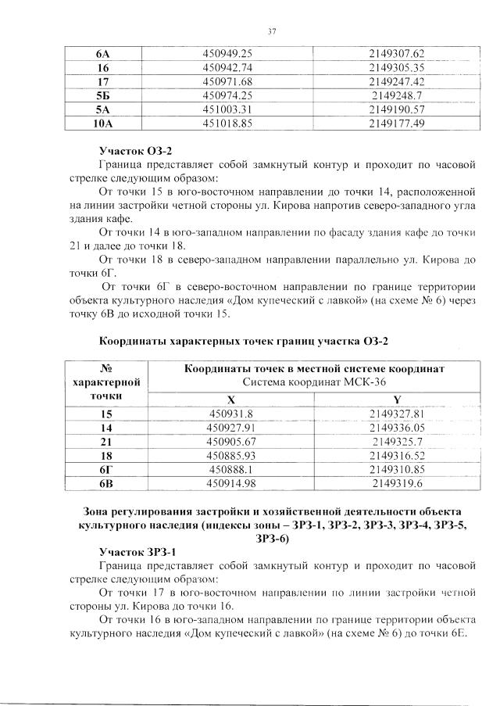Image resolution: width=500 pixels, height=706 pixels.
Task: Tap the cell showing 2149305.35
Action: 396,67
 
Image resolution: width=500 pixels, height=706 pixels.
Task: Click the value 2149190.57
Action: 396,109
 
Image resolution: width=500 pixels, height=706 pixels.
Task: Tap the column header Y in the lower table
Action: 396,398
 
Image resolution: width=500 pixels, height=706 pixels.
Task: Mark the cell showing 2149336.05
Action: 396,427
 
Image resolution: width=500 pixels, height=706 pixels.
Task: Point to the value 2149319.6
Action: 396,483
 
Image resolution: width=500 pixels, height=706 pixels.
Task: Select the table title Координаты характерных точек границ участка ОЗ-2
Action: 244,341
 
